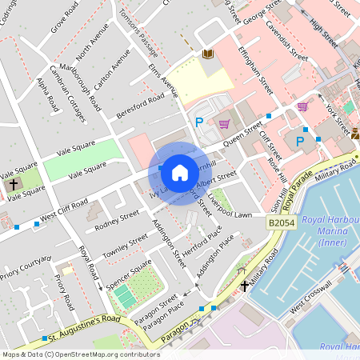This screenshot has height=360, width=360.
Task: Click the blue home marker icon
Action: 180,173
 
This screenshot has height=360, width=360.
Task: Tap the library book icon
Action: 207,54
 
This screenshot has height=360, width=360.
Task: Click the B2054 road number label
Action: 282,223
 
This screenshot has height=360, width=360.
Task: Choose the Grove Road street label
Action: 63,18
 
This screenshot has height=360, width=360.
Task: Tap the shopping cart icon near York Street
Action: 302,106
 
